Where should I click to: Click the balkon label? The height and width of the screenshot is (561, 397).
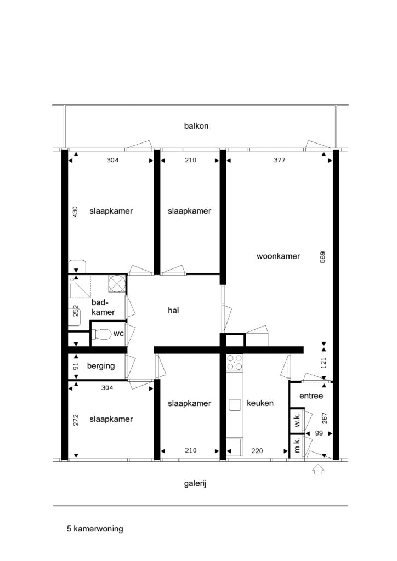point(196,126)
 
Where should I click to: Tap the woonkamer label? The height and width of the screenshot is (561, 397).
point(278,256)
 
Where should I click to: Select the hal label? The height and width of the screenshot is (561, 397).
point(173,310)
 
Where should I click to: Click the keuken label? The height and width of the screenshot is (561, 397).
point(260,403)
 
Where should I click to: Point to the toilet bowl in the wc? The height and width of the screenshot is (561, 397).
point(101,334)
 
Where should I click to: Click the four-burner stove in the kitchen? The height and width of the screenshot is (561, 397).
point(235,363)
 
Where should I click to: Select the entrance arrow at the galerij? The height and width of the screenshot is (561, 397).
point(318,470)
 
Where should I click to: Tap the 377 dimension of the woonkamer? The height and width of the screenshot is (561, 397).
point(280,160)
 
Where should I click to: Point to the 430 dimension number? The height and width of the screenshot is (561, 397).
point(75,212)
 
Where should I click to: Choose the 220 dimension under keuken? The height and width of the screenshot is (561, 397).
point(257,451)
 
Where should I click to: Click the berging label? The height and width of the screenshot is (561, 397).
point(101,366)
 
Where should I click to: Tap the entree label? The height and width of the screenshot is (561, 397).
point(311,396)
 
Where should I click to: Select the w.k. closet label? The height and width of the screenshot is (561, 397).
point(297,419)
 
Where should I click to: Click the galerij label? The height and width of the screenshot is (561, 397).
point(195,484)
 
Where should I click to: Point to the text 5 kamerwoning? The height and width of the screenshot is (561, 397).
point(95,529)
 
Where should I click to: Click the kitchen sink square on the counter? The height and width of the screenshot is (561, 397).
point(235,405)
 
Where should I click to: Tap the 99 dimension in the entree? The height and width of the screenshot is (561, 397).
point(319,433)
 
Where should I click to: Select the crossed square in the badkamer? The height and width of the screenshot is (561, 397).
point(116,283)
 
